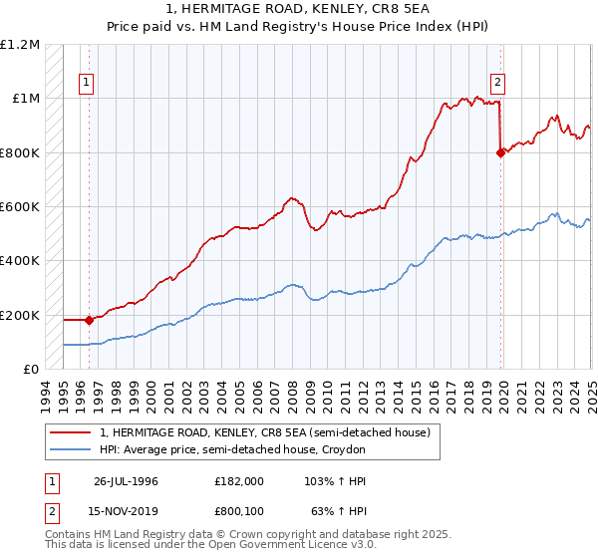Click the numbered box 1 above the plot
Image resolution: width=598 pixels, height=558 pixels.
click(87, 84)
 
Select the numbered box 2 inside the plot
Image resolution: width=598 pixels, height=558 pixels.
click(497, 84)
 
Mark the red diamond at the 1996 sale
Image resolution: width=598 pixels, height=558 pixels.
click(89, 320)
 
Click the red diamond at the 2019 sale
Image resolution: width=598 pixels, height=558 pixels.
click(500, 152)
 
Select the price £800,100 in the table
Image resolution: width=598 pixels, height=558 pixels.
click(239, 512)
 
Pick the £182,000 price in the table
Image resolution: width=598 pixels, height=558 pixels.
click(239, 481)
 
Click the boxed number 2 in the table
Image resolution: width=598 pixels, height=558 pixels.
click(51, 512)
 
